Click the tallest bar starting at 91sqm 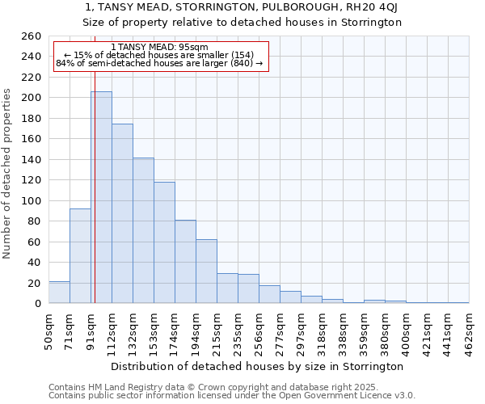pyautogui.click(x=101, y=198)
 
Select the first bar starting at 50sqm pyautogui.click(x=59, y=292)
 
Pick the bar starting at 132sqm pyautogui.click(x=143, y=231)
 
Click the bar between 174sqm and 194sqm pyautogui.click(x=185, y=262)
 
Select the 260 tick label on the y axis pyautogui.click(x=31, y=36)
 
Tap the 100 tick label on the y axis pyautogui.click(x=31, y=200)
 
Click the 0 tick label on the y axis pyautogui.click(x=37, y=304)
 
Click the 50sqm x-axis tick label pyautogui.click(x=48, y=332)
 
